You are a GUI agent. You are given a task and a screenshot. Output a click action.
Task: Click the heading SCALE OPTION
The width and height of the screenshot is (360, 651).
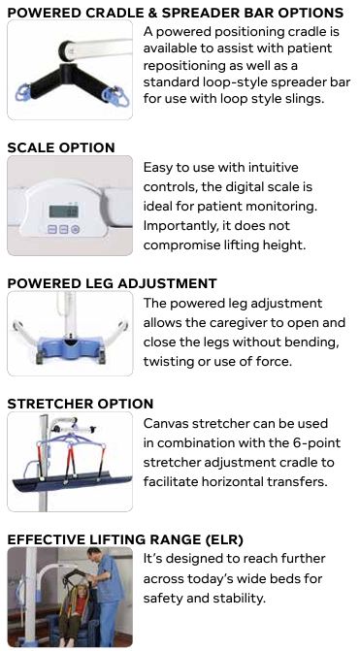61,147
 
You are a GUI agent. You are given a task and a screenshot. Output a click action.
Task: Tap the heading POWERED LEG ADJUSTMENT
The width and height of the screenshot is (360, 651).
113,283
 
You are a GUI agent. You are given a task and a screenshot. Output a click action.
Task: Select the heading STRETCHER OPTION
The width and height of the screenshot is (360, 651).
81,404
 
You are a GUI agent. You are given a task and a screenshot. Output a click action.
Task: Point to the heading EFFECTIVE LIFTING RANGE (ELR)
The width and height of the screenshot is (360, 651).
125,539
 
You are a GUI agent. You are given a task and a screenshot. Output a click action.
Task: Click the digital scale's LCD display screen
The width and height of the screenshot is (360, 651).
63,211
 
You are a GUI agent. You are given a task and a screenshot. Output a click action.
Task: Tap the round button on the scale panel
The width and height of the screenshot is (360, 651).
75,229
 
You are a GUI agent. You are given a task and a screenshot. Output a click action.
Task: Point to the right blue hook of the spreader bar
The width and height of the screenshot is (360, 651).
116,95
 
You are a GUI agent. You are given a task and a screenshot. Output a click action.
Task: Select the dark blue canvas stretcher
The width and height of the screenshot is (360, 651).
72,482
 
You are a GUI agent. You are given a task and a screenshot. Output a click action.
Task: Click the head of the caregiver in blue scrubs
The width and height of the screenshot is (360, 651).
95,555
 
